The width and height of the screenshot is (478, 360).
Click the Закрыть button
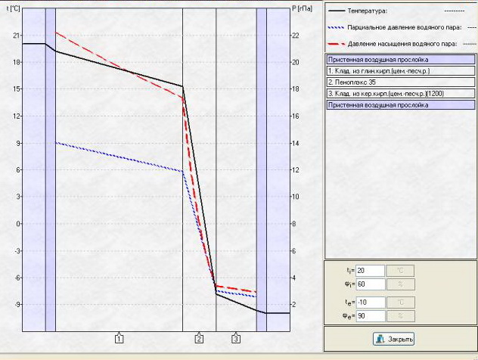click(x=395, y=340)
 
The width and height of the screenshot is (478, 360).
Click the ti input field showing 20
click(x=370, y=271)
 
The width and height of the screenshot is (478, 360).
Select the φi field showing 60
click(x=370, y=284)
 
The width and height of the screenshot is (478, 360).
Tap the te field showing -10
click(x=370, y=303)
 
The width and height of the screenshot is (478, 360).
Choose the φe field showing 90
click(x=370, y=316)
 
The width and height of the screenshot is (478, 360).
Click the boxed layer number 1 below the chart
click(x=119, y=339)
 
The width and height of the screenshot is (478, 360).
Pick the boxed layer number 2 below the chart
click(x=199, y=339)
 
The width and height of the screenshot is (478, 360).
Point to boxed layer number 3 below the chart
click(x=236, y=339)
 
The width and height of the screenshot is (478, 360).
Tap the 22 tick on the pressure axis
click(x=295, y=35)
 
